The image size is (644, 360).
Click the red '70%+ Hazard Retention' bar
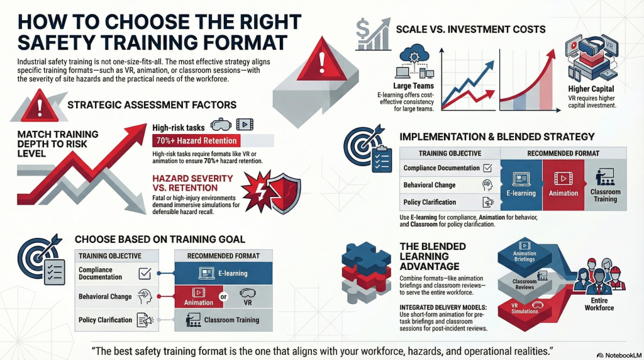click(x=196, y=140)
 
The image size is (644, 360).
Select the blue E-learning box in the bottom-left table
click(x=223, y=273)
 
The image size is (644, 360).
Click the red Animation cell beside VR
click(x=199, y=296)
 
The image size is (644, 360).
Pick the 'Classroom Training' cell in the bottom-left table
click(x=223, y=320)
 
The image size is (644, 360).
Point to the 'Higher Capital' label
click(x=591, y=89)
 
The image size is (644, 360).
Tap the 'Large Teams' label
click(x=413, y=86)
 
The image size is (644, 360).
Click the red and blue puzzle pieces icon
click(x=366, y=273)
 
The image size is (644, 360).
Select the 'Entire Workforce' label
click(x=599, y=304)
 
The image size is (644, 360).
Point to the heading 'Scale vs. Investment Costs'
click(x=470, y=30)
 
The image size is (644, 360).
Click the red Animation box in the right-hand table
click(x=563, y=184)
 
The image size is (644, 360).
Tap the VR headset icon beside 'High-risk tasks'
click(x=221, y=124)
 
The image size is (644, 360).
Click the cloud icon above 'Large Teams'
click(x=414, y=55)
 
